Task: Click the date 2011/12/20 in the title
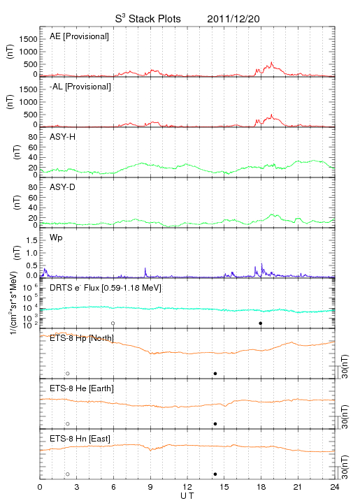tap(233, 19)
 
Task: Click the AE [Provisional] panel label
tap(79, 36)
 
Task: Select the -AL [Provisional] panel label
tap(80, 87)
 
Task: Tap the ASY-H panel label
tap(63, 137)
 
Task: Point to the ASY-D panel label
tap(63, 187)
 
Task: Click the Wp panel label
tap(56, 238)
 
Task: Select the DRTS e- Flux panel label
tap(106, 288)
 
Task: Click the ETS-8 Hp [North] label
tap(82, 338)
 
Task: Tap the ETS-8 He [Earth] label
tap(82, 388)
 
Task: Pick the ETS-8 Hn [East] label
tap(80, 439)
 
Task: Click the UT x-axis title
tap(187, 496)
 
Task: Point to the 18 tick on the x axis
tap(261, 487)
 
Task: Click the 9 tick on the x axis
tap(150, 487)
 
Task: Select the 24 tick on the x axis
tap(335, 487)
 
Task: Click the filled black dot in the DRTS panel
tap(261, 323)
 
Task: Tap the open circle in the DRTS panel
tap(113, 323)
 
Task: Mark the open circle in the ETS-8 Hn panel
tap(68, 474)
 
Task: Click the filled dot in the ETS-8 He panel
tap(215, 424)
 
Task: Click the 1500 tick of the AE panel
tap(28, 39)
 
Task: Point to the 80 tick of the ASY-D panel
tap(33, 187)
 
